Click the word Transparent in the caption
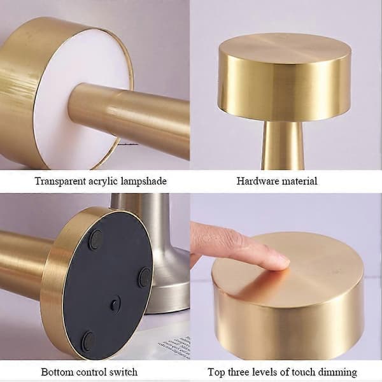(60, 181)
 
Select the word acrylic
(103, 181)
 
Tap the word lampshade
(143, 181)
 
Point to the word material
(299, 181)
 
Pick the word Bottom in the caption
(57, 372)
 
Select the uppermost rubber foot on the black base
(95, 239)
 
